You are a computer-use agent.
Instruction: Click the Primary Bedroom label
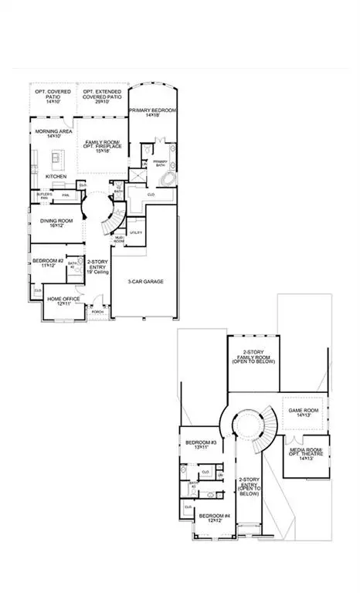tap(153, 111)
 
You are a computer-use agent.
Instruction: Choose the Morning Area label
tap(54, 132)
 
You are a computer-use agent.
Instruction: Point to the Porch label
tap(97, 313)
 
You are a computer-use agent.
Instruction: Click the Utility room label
tap(136, 232)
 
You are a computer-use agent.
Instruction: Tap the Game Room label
tap(301, 410)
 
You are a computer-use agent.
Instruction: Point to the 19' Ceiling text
tap(97, 272)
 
